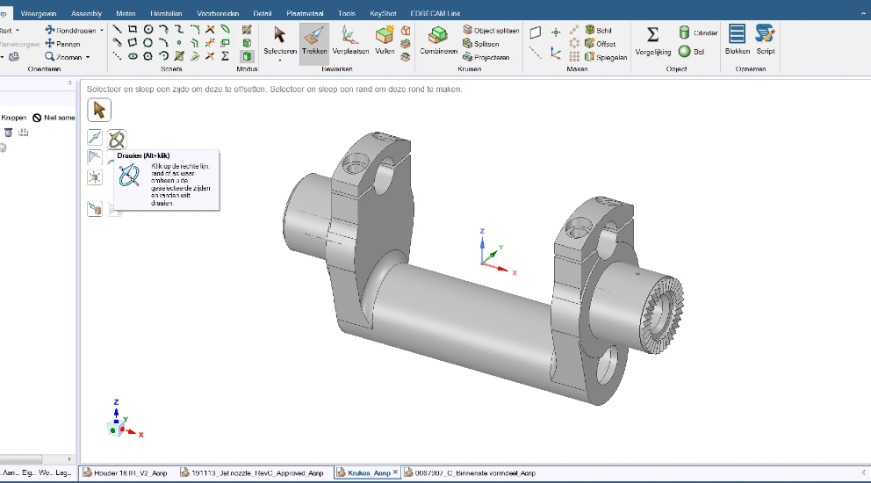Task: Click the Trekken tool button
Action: (x=314, y=39)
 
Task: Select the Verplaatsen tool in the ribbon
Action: (x=349, y=39)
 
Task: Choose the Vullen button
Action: (x=385, y=39)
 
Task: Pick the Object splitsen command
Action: (x=491, y=30)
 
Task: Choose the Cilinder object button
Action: (x=698, y=32)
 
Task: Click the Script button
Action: (x=765, y=39)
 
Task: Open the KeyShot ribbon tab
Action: (x=383, y=14)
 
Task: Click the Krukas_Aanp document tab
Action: (x=365, y=472)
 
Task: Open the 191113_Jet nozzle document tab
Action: (x=253, y=472)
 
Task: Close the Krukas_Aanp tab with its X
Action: (x=395, y=472)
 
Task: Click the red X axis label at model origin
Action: (x=515, y=273)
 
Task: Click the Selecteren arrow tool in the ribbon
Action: (x=280, y=39)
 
